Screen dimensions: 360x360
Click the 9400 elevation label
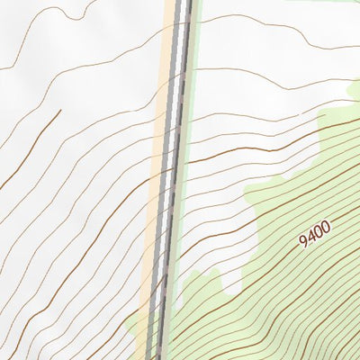(x=315, y=233)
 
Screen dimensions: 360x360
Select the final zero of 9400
(x=326, y=226)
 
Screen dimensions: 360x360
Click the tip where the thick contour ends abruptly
(x=60, y=111)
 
